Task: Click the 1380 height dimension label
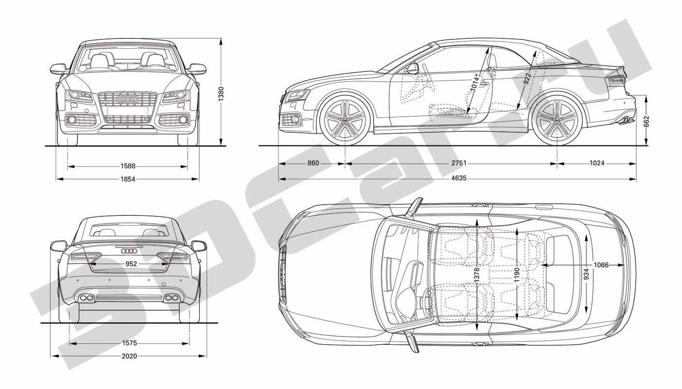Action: pyautogui.click(x=221, y=94)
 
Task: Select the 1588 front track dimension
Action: pyautogui.click(x=128, y=166)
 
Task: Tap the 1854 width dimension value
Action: pyautogui.click(x=128, y=179)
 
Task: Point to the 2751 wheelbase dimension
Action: pyautogui.click(x=459, y=163)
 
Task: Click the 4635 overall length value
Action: pyautogui.click(x=459, y=178)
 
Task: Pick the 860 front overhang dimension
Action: pyautogui.click(x=313, y=163)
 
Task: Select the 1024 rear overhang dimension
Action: pyautogui.click(x=597, y=163)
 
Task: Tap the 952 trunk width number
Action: pyautogui.click(x=131, y=264)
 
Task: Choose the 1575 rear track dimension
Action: pyautogui.click(x=130, y=343)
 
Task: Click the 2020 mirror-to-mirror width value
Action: pyautogui.click(x=130, y=356)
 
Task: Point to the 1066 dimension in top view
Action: pyautogui.click(x=601, y=265)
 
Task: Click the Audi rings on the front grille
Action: pyautogui.click(x=127, y=99)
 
